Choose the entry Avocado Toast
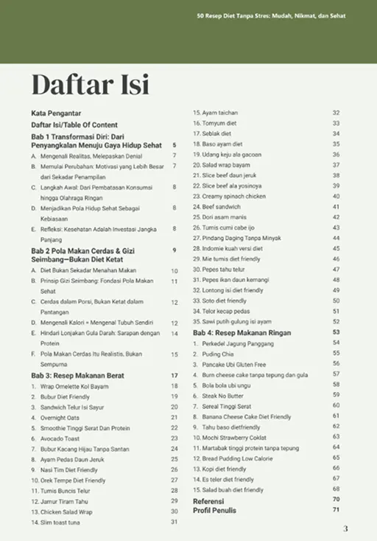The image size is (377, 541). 61,439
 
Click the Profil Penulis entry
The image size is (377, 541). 216,510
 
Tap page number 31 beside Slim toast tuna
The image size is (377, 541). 175,522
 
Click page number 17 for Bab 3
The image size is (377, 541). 175,376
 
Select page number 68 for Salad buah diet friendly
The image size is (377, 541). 336,489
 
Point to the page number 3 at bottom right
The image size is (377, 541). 345,528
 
